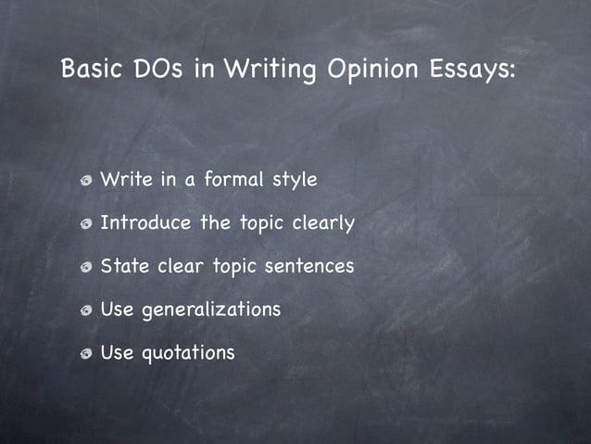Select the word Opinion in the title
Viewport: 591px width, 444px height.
point(358,70)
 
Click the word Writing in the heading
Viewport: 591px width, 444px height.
point(261,70)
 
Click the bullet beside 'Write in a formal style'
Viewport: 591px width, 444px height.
point(85,181)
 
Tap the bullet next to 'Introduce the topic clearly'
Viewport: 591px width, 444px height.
point(85,224)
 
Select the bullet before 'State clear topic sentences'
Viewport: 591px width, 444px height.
point(85,268)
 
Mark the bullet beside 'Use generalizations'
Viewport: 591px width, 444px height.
point(85,311)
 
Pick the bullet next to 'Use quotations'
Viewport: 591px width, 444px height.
point(85,354)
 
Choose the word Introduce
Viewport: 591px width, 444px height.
point(145,222)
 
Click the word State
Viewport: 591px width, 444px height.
point(125,266)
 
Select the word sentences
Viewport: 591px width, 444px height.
point(309,266)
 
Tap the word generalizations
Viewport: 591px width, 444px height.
point(210,310)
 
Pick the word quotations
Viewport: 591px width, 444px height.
point(188,353)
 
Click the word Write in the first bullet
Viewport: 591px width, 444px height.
point(126,179)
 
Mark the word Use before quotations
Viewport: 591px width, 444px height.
point(116,352)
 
